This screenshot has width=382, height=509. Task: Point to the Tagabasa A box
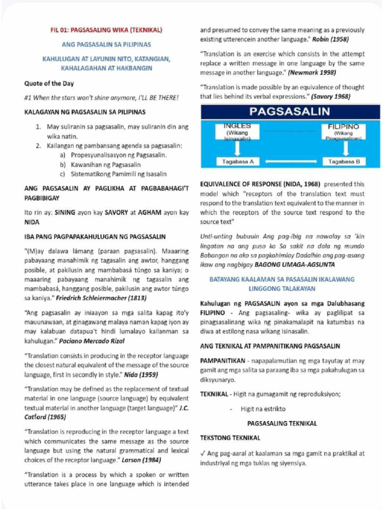pyautogui.click(x=238, y=162)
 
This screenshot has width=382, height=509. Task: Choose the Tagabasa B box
pyautogui.click(x=344, y=162)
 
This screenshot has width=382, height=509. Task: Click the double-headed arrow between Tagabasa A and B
pyautogui.click(x=290, y=162)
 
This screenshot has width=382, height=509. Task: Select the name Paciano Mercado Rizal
pyautogui.click(x=92, y=341)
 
